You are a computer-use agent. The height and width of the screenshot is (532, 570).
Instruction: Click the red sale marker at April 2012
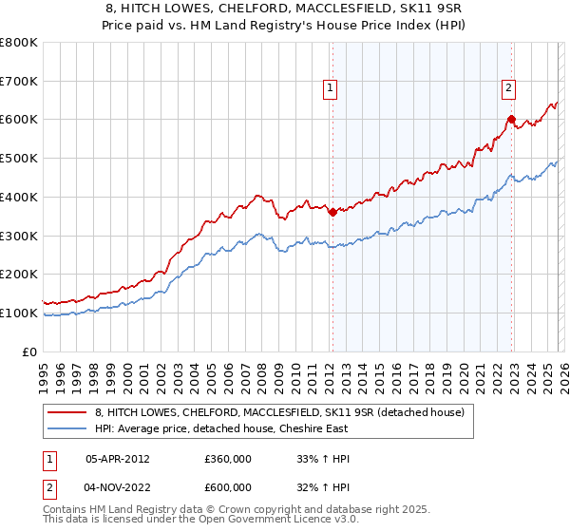pyautogui.click(x=332, y=213)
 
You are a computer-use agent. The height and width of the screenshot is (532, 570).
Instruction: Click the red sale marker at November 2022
pyautogui.click(x=511, y=119)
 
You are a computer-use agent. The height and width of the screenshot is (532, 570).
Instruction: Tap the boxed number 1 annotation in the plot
pyautogui.click(x=330, y=89)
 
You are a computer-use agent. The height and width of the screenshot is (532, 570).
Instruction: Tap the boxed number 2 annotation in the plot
pyautogui.click(x=508, y=89)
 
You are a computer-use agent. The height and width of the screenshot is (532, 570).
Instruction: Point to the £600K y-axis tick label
pyautogui.click(x=19, y=120)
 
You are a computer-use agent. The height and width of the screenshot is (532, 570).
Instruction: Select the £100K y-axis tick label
pyautogui.click(x=19, y=313)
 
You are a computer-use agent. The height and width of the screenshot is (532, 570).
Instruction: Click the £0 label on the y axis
pyautogui.click(x=28, y=351)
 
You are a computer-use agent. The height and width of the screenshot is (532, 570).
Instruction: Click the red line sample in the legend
pyautogui.click(x=68, y=412)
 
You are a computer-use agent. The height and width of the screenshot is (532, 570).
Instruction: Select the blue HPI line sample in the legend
pyautogui.click(x=68, y=428)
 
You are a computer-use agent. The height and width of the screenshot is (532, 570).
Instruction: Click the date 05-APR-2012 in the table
pyautogui.click(x=117, y=458)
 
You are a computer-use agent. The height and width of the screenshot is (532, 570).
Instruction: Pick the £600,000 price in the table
pyautogui.click(x=228, y=487)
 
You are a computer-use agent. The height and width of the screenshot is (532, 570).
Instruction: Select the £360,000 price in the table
pyautogui.click(x=228, y=458)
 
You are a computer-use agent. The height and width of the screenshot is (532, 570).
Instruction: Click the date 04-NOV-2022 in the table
pyautogui.click(x=117, y=487)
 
